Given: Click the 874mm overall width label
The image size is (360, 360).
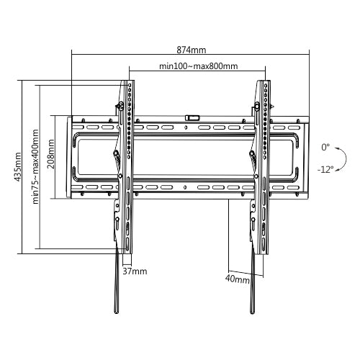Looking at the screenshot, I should pyautogui.click(x=191, y=50).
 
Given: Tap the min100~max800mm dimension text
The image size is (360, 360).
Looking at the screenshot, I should pyautogui.click(x=198, y=66).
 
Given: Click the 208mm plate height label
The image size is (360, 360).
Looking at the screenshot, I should pyautogui.click(x=50, y=153).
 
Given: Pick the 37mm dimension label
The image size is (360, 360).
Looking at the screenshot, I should pyautogui.click(x=135, y=271).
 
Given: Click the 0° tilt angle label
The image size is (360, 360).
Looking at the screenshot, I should pyautogui.click(x=326, y=147).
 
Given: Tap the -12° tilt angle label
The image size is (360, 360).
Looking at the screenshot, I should pyautogui.click(x=324, y=170).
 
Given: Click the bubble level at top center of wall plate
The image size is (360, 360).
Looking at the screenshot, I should pyautogui.click(x=192, y=115).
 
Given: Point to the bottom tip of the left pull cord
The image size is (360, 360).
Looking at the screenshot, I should pyautogui.click(x=117, y=311).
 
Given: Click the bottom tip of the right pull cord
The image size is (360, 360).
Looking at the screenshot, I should pyautogui.click(x=252, y=311).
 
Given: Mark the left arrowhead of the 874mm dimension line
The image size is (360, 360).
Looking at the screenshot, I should pyautogui.click(x=73, y=53).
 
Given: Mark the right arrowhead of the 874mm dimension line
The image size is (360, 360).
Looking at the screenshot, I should pyautogui.click(x=307, y=53).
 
